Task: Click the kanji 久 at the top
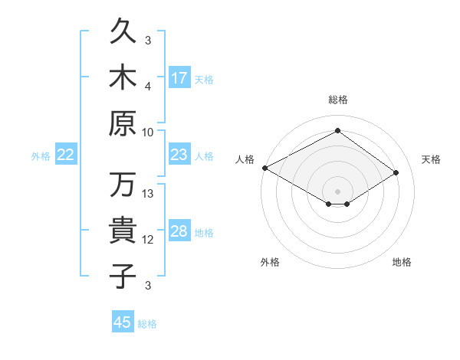tap(123, 31)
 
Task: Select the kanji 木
tap(123, 77)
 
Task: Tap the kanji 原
tap(123, 123)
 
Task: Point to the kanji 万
tap(123, 184)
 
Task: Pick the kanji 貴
tap(123, 230)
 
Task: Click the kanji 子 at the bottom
tap(123, 276)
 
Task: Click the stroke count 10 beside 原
tap(147, 133)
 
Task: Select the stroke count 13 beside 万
tap(147, 194)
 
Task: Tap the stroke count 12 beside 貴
tap(147, 240)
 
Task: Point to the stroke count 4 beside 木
tap(148, 87)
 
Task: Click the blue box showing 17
tap(179, 77)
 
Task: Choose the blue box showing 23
tap(179, 154)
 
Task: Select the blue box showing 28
tap(179, 230)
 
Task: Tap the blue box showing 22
tap(66, 154)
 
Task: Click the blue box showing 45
tap(123, 321)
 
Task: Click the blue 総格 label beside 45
tap(147, 324)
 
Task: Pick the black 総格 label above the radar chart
tap(338, 100)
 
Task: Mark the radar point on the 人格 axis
tap(265, 168)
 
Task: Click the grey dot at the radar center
tap(337, 191)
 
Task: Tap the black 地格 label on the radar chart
tap(402, 262)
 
